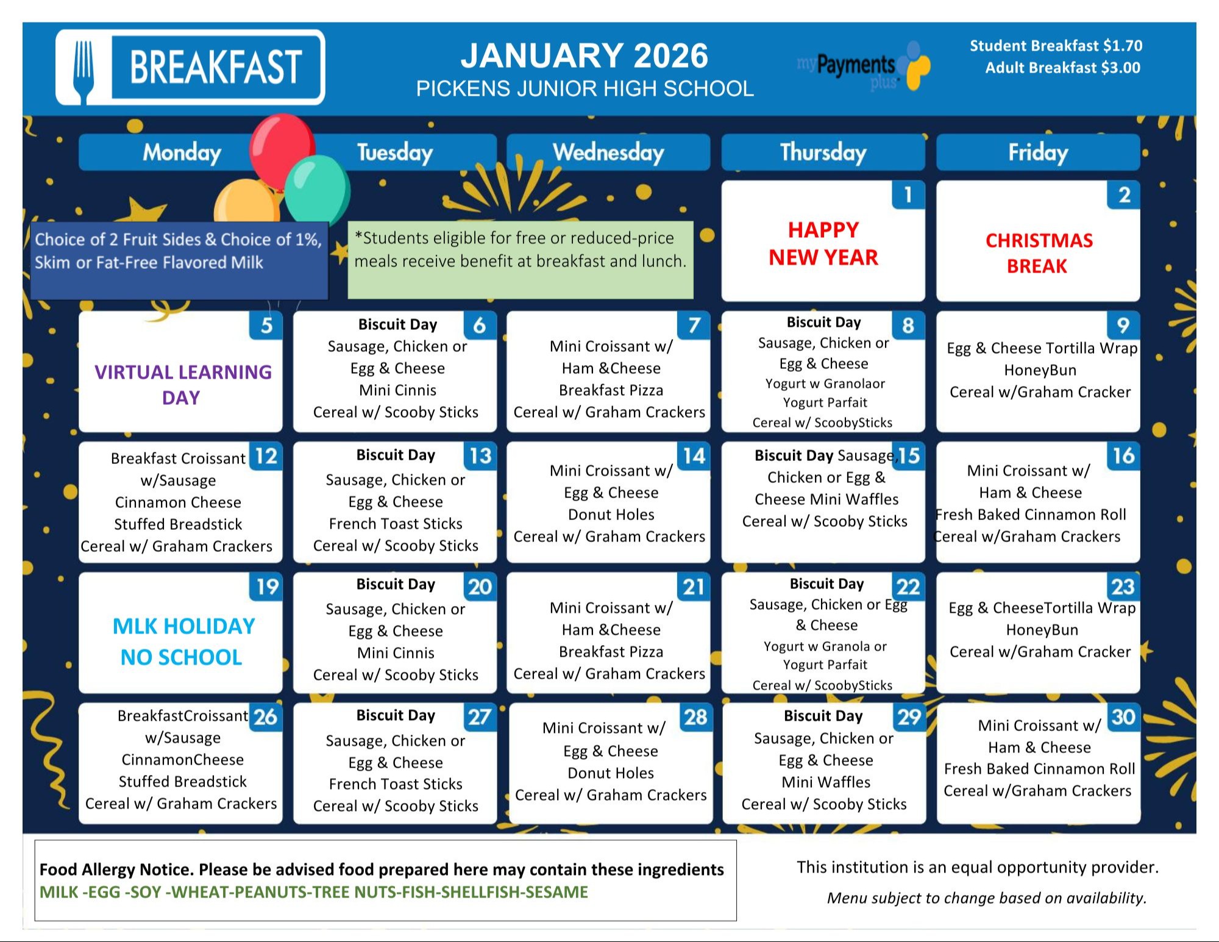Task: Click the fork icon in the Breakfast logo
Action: (x=84, y=68)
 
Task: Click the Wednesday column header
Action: (x=608, y=152)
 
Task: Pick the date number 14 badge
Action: (x=694, y=456)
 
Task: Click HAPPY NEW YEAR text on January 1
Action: (x=823, y=244)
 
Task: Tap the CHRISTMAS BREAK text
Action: (x=1038, y=253)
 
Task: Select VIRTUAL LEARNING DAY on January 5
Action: (x=182, y=384)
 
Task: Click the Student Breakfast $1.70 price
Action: (x=1056, y=46)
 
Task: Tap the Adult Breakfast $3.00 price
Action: (x=1062, y=68)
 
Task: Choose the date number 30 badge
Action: (x=1123, y=717)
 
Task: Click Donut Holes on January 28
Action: (x=611, y=773)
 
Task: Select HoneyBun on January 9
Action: (x=1040, y=370)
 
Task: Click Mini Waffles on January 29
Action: (x=826, y=782)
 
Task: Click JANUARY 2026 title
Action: (x=584, y=56)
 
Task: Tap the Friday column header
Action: (x=1037, y=152)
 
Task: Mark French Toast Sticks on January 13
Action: (x=396, y=524)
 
